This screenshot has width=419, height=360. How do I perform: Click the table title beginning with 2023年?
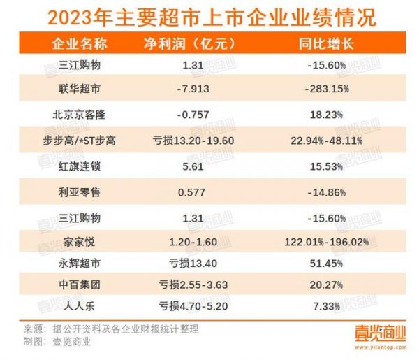[x=209, y=15]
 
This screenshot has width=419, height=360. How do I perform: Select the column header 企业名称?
[x=80, y=43]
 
